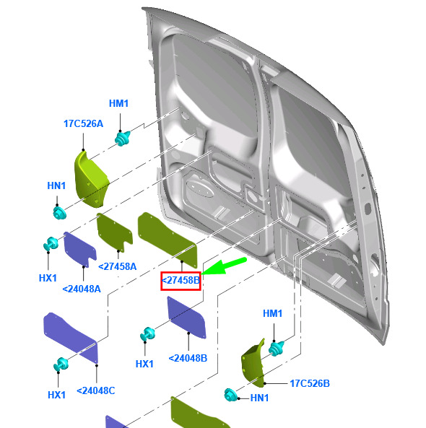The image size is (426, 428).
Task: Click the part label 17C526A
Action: [83, 123]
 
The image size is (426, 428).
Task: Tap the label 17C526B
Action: [310, 383]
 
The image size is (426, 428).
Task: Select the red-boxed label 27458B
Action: [181, 281]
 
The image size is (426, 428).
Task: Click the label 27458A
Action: [118, 266]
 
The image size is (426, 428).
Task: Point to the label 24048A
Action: [82, 289]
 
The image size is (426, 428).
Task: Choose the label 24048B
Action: [188, 358]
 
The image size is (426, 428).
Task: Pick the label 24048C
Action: [96, 391]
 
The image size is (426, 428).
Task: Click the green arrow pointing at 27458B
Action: [225, 266]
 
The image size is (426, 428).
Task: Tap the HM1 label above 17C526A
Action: [119, 103]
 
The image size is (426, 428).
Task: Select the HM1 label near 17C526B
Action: [272, 313]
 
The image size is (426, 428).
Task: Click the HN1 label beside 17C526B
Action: [259, 398]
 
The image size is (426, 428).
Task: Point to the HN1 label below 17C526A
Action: [56, 185]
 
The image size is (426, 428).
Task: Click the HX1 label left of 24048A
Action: [48, 278]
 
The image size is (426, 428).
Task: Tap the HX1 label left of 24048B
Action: [144, 364]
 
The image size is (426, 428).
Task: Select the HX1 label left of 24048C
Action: [56, 395]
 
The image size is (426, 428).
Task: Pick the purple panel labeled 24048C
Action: [71, 337]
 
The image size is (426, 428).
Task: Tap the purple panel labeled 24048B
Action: [187, 318]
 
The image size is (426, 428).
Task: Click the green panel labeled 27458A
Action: [115, 232]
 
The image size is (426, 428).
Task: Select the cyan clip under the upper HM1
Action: [122, 139]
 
